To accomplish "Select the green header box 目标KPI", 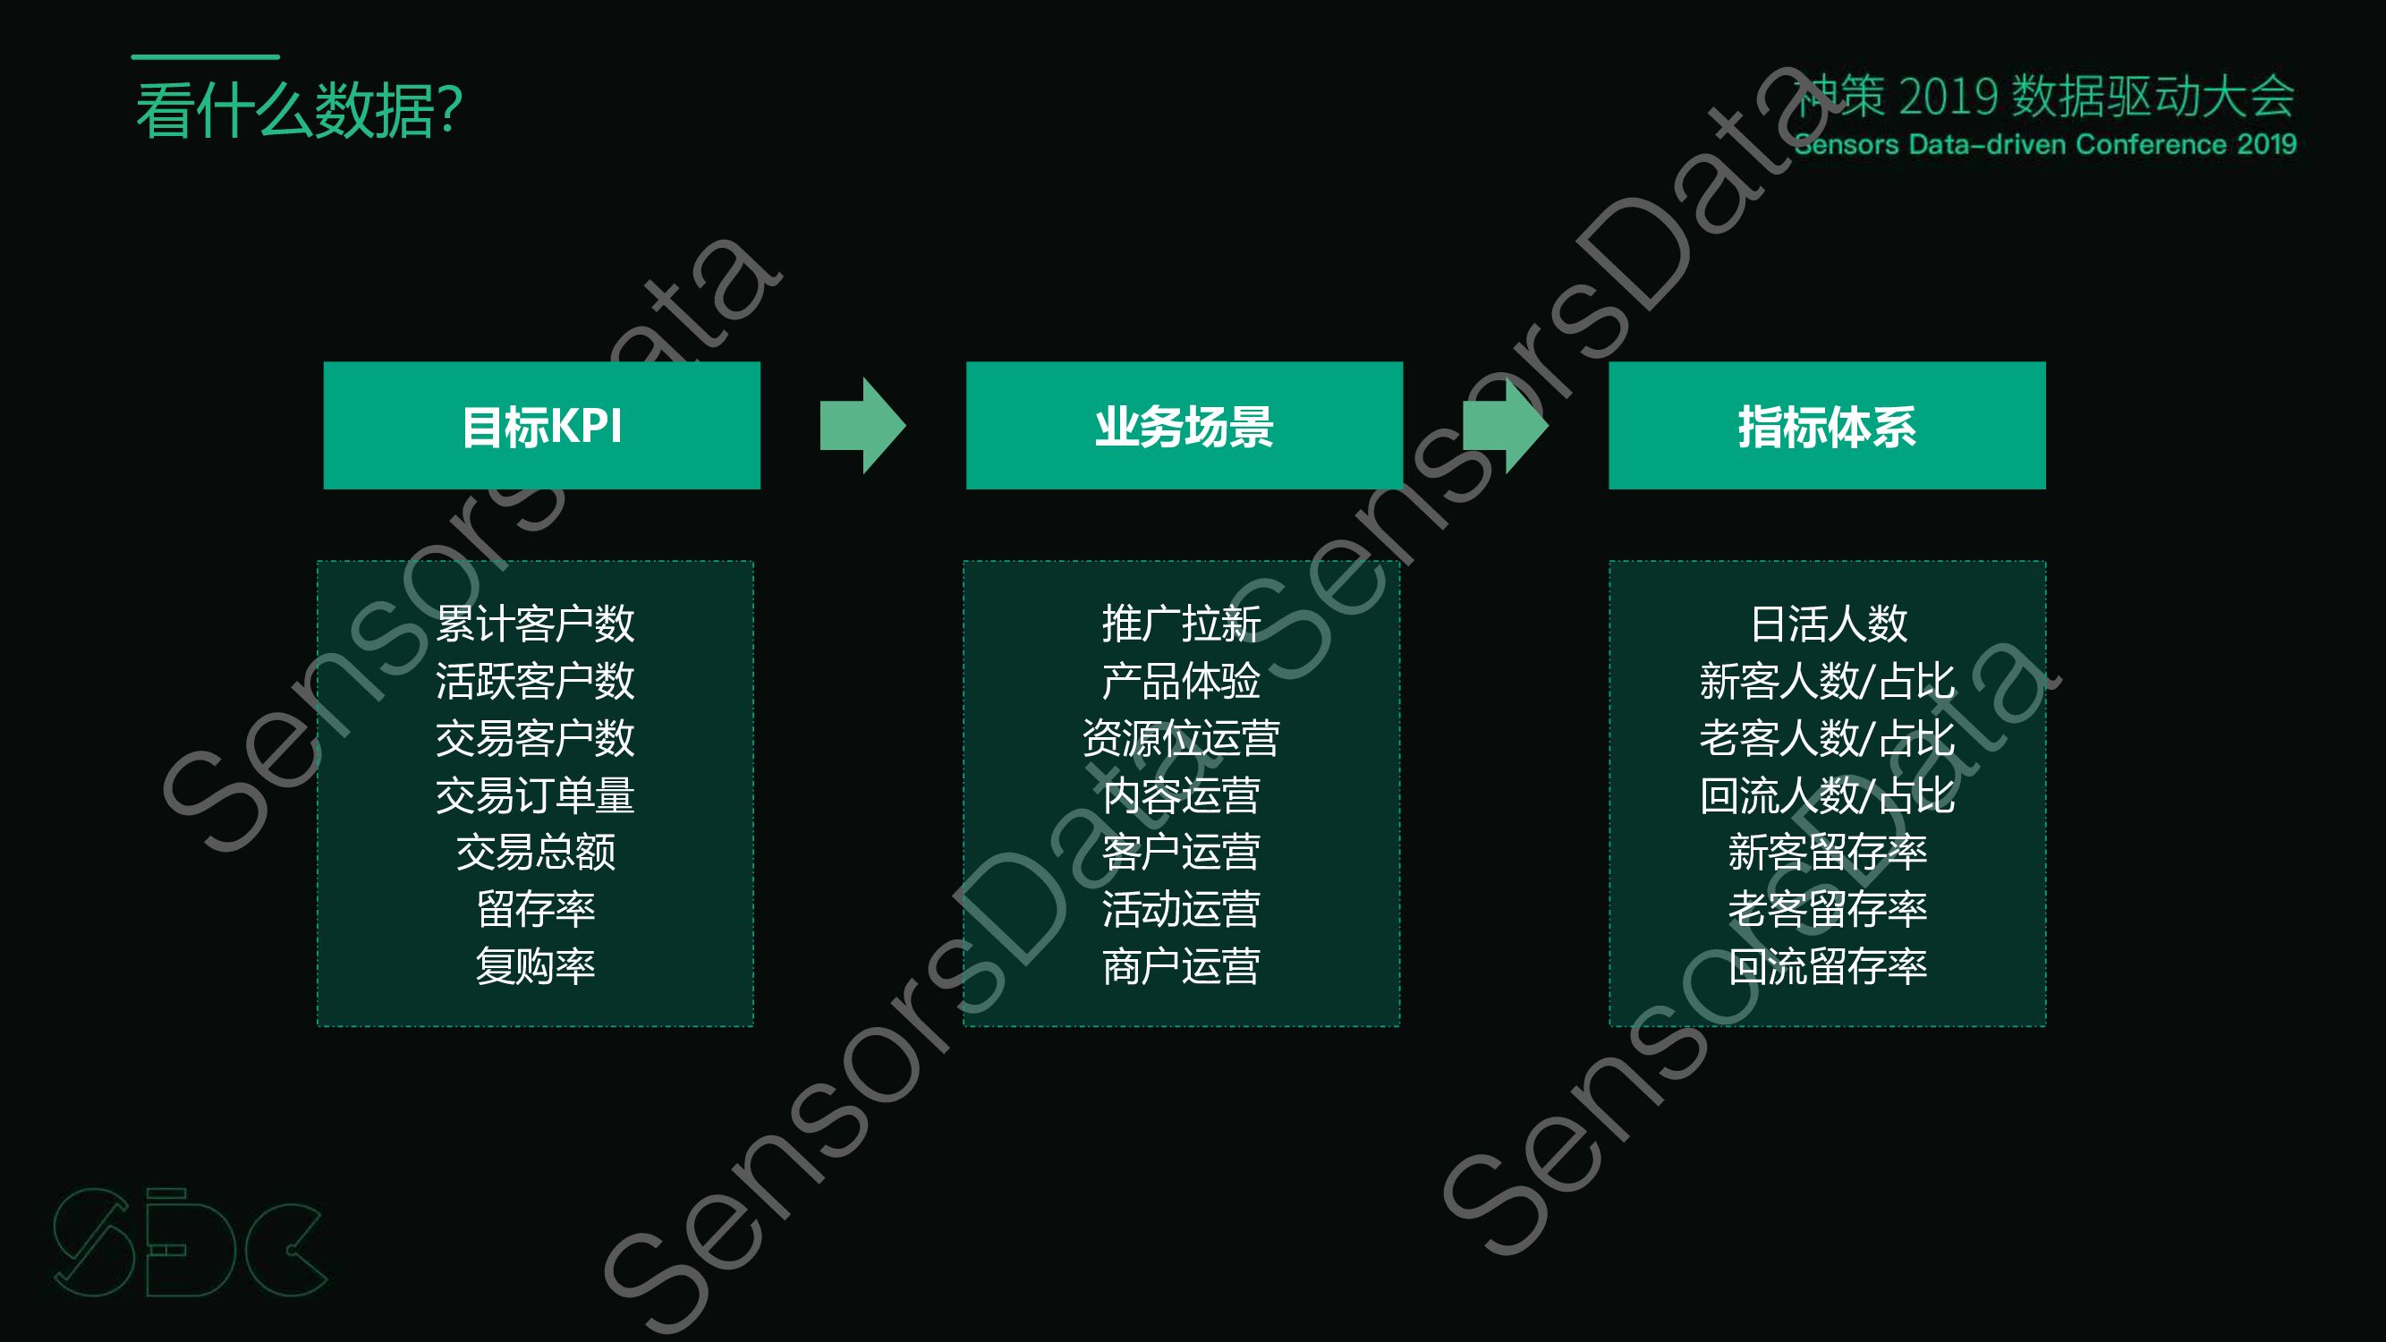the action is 542,426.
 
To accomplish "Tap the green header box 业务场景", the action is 1184,426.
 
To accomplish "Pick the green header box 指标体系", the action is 1827,426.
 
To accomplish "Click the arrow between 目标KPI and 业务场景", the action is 862,426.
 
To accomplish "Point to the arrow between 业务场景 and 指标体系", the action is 1505,426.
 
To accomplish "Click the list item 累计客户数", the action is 535,624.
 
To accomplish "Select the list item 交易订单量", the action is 535,795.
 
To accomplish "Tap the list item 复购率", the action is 535,967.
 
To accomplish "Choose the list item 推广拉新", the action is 1181,624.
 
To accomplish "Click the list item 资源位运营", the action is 1181,738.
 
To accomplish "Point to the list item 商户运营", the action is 1181,967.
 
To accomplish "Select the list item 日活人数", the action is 1829,624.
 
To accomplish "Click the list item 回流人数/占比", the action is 1827,795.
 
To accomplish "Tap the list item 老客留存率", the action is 1827,910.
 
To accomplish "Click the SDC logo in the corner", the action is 190,1243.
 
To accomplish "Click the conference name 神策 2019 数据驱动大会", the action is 2045,97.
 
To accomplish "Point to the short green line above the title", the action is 205,57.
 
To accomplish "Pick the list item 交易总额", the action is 535,852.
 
